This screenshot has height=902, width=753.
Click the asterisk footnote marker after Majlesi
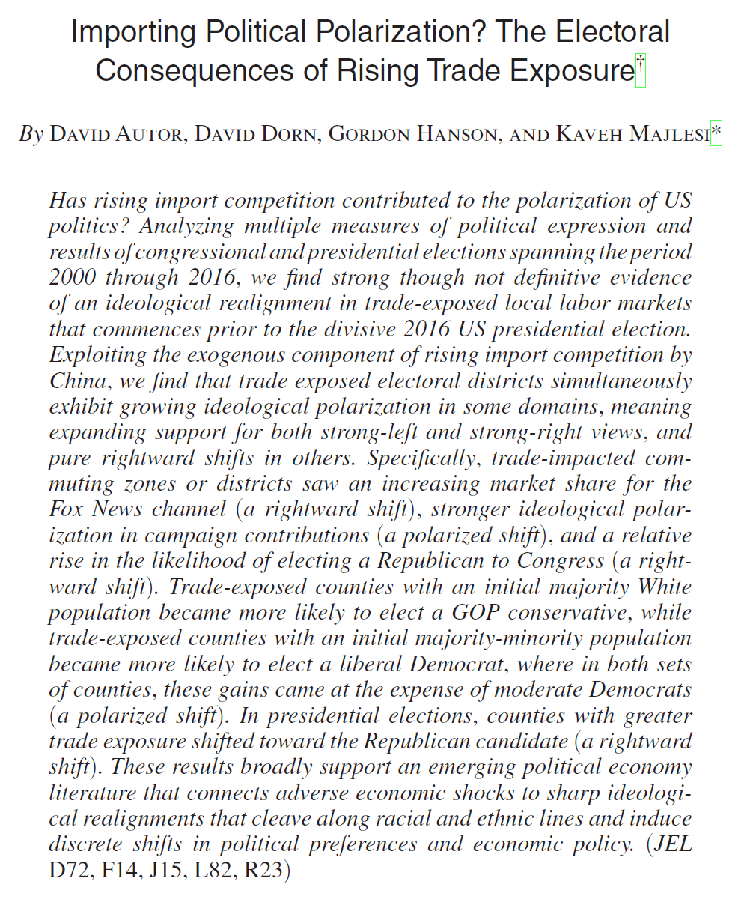(716, 134)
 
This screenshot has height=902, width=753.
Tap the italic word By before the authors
(31, 135)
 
